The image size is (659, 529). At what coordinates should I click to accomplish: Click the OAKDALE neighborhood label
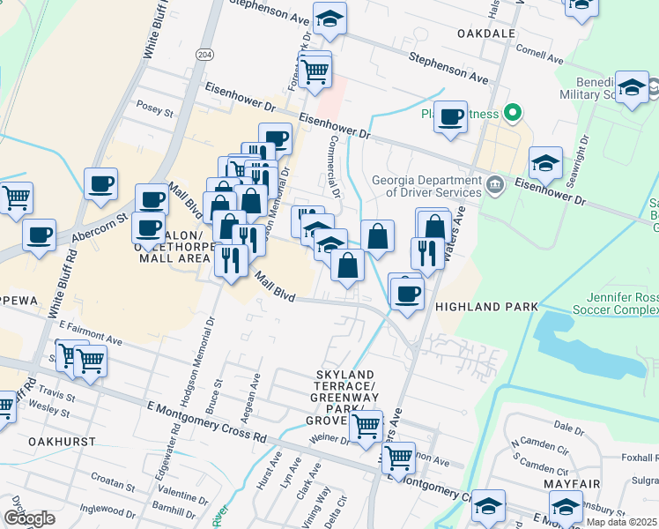pos(486,33)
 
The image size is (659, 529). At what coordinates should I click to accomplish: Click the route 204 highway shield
pos(204,53)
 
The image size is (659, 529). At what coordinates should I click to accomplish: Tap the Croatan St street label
pos(112,482)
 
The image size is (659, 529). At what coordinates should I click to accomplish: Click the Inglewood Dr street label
pos(104,510)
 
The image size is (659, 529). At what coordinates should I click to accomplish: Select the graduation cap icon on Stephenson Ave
pos(329,19)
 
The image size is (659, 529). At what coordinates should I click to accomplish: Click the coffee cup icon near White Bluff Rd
pos(101,184)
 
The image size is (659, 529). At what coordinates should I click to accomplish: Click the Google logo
pos(29,518)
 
